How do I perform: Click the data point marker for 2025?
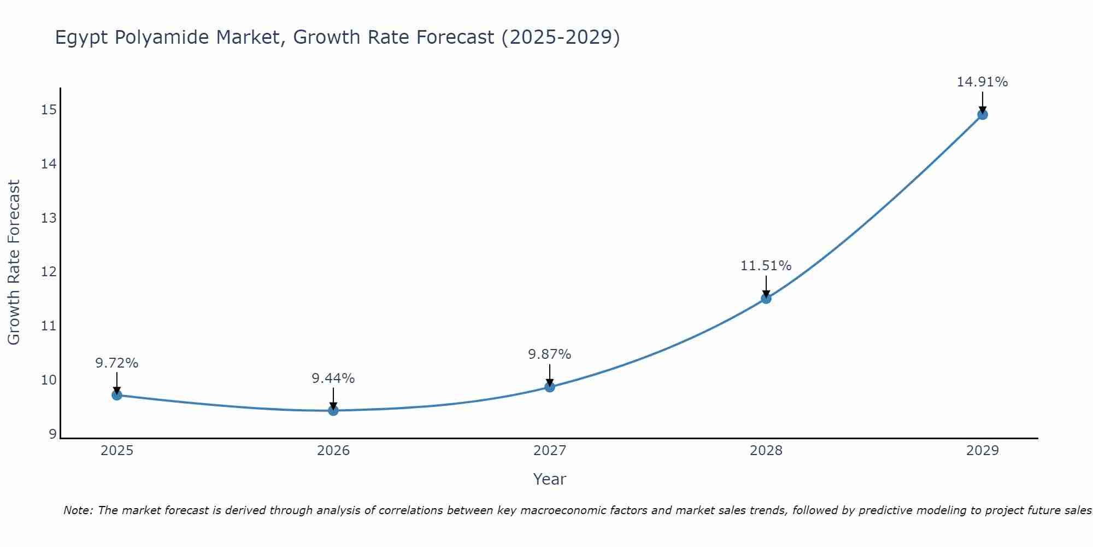point(117,395)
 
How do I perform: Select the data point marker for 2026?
point(333,410)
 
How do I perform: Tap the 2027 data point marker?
point(550,387)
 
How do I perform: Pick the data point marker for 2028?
point(766,298)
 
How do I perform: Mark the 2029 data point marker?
point(983,114)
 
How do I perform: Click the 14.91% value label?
point(982,82)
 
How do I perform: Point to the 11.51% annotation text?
point(766,266)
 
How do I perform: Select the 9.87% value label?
point(549,354)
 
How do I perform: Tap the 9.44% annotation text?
point(333,379)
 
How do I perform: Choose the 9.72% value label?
point(116,363)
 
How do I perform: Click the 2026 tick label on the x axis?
point(333,451)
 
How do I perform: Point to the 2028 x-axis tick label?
point(766,451)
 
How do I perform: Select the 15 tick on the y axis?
point(49,110)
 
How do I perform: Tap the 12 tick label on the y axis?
point(49,272)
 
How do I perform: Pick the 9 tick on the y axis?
point(52,434)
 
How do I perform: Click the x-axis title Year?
point(549,479)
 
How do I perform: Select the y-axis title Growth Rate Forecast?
point(14,262)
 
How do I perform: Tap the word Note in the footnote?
point(78,510)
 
